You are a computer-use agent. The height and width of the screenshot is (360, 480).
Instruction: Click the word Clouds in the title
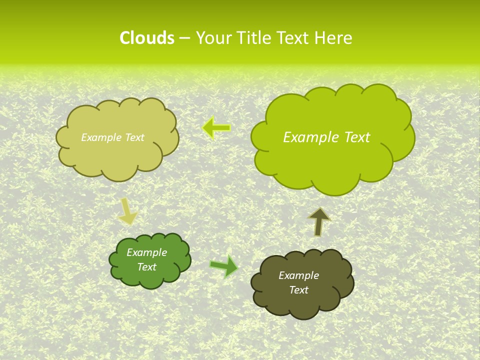tap(146, 38)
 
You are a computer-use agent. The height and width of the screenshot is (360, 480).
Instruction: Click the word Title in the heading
tap(254, 38)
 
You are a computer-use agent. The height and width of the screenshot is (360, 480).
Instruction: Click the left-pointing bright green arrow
tap(216, 128)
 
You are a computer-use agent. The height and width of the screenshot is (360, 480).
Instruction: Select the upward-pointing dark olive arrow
tap(319, 221)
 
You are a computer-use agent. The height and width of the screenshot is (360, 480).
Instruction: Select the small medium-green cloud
tap(150, 277)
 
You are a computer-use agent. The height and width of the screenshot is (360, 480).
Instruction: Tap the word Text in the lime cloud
tap(357, 137)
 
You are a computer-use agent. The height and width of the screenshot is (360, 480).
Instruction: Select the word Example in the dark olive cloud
tap(298, 275)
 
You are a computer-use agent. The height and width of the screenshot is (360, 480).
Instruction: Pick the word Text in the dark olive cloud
tap(298, 290)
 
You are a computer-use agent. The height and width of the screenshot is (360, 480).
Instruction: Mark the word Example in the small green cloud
tap(146, 252)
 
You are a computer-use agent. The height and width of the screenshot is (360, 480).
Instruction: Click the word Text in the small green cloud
tap(146, 267)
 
